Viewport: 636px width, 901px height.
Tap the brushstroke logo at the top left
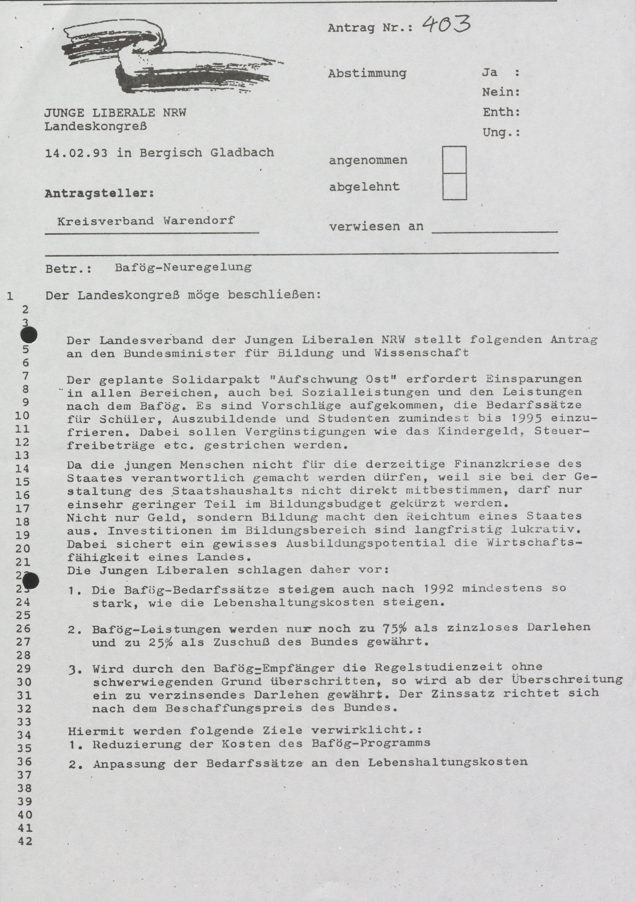[x=165, y=59]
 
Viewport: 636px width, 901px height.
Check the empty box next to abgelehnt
[x=454, y=186]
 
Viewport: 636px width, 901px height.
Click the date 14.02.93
[x=76, y=153]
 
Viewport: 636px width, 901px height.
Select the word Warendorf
[x=199, y=220]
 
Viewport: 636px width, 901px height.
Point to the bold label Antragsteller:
[x=99, y=193]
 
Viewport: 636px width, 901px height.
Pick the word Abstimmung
[x=367, y=73]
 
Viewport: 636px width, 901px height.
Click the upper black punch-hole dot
[x=29, y=336]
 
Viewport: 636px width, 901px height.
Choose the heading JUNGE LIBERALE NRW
[x=115, y=113]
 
